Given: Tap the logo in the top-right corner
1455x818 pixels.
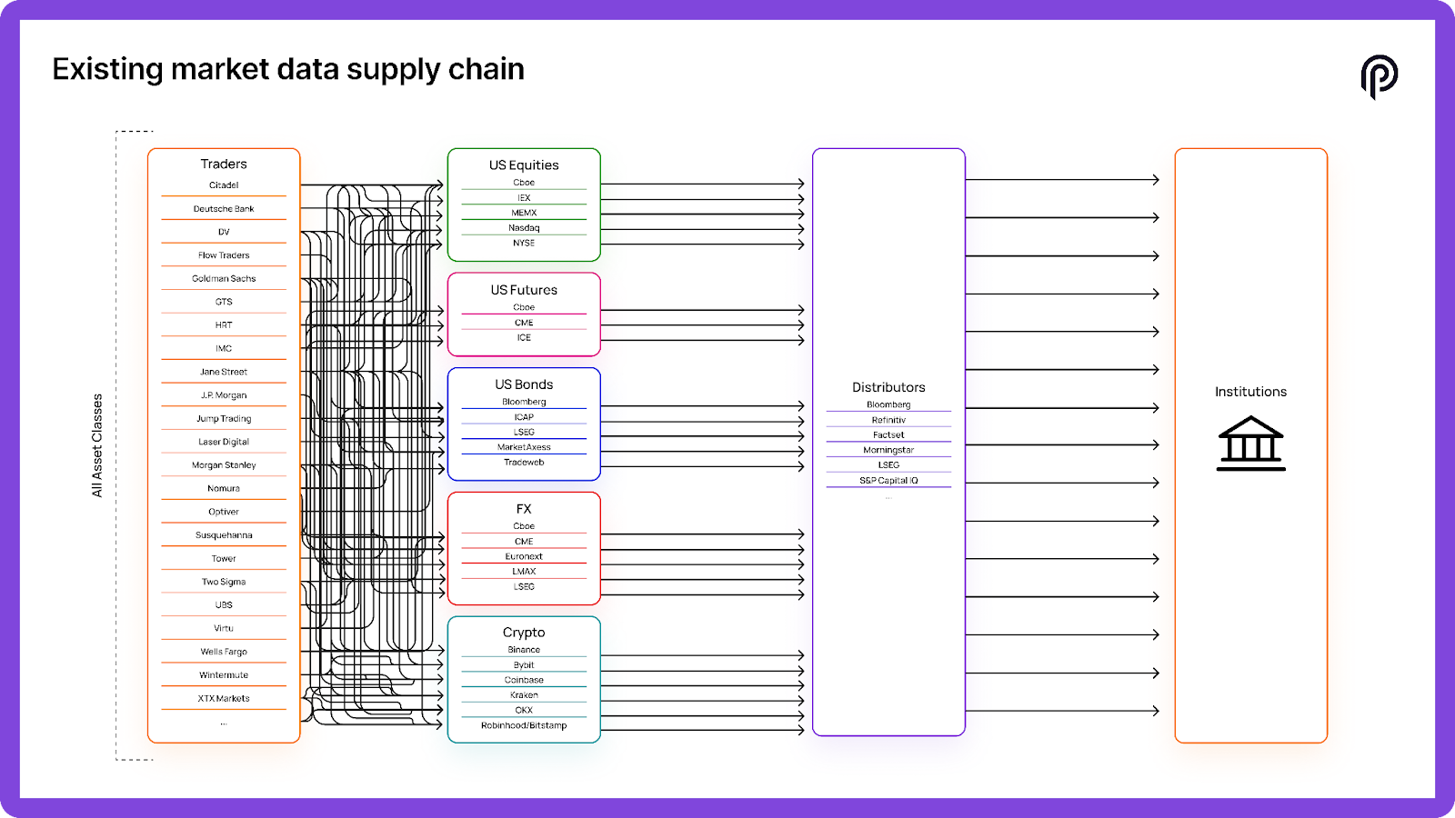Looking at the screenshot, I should [x=1379, y=76].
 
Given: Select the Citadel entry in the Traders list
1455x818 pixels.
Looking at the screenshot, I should [x=224, y=185].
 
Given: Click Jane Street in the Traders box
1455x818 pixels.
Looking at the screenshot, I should [x=224, y=372].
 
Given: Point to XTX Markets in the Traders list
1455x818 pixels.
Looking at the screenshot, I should [x=224, y=699].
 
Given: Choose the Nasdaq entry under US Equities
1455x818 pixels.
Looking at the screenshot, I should [x=524, y=228].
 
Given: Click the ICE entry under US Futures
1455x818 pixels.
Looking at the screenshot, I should [x=524, y=338].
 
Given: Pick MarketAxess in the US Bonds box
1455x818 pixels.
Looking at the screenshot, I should [x=524, y=447].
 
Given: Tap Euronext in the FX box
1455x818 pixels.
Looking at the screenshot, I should [x=524, y=556].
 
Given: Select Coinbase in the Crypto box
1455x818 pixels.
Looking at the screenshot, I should [x=524, y=680].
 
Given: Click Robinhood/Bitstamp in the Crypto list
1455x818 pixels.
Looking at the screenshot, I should [x=524, y=725].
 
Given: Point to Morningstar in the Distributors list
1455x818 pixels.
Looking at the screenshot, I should [x=888, y=450].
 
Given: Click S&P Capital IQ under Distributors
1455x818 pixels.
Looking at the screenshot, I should [x=888, y=481].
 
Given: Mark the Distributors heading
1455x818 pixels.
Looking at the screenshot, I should [x=888, y=387].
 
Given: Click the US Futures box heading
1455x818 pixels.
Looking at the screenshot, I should [x=524, y=290].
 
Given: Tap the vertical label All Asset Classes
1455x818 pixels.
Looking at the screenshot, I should [x=97, y=445].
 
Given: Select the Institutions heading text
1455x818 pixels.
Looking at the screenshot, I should [x=1250, y=392].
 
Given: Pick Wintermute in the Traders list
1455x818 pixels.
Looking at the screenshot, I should [x=224, y=675].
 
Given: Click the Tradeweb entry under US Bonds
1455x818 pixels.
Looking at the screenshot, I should [x=524, y=463].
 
